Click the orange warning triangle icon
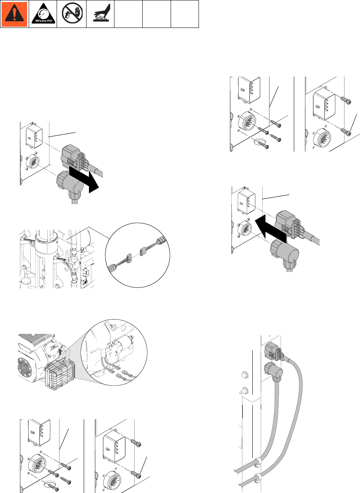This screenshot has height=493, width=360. [x=14, y=14]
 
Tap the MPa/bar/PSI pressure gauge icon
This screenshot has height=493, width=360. [x=42, y=14]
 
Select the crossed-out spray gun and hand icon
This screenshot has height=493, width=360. [x=71, y=14]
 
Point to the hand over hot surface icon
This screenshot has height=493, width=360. [x=100, y=14]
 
